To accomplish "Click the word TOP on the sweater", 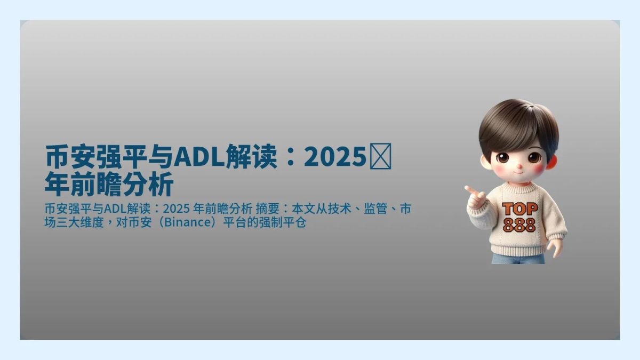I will (x=520, y=209).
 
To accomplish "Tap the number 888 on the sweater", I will (x=519, y=225).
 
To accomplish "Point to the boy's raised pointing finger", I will (x=469, y=189).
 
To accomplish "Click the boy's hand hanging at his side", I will (x=556, y=247).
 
